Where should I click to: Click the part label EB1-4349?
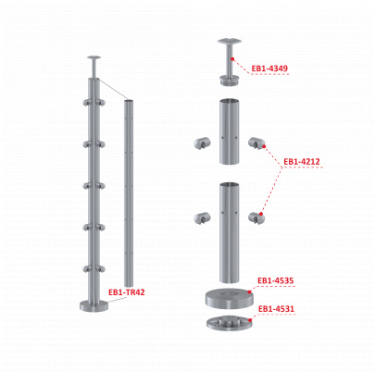269,68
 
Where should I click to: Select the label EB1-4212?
302,162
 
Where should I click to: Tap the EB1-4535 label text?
276,280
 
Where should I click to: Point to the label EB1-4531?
276,309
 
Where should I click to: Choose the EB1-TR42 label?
127,292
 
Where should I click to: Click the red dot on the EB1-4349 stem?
232,58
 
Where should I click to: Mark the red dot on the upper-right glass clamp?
265,145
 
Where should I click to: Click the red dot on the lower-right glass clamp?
261,214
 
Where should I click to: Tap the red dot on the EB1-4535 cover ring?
249,291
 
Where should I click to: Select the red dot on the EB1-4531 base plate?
250,320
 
